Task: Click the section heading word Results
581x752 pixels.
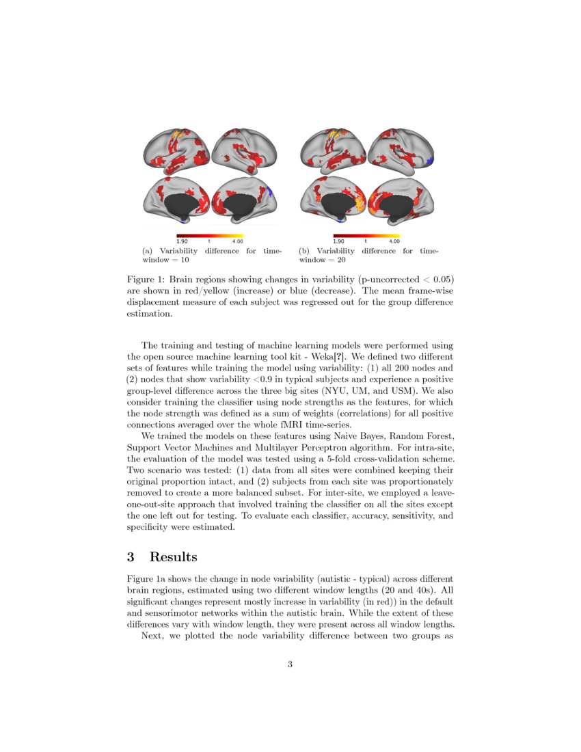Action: coord(174,557)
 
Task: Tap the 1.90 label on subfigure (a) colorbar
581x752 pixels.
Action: coord(183,241)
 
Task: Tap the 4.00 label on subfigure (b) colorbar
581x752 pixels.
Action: coord(394,241)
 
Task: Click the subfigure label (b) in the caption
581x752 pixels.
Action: coord(306,252)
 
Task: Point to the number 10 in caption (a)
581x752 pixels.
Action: coord(185,260)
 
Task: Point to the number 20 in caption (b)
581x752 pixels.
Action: coord(342,260)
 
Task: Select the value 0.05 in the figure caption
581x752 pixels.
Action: coord(443,279)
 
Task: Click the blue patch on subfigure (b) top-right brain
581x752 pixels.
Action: coord(429,161)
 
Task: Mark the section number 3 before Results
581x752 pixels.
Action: coord(131,557)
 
